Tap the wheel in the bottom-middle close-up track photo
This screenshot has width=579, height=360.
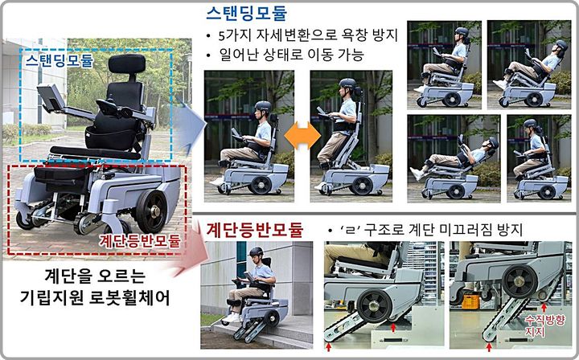pos(376,305)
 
